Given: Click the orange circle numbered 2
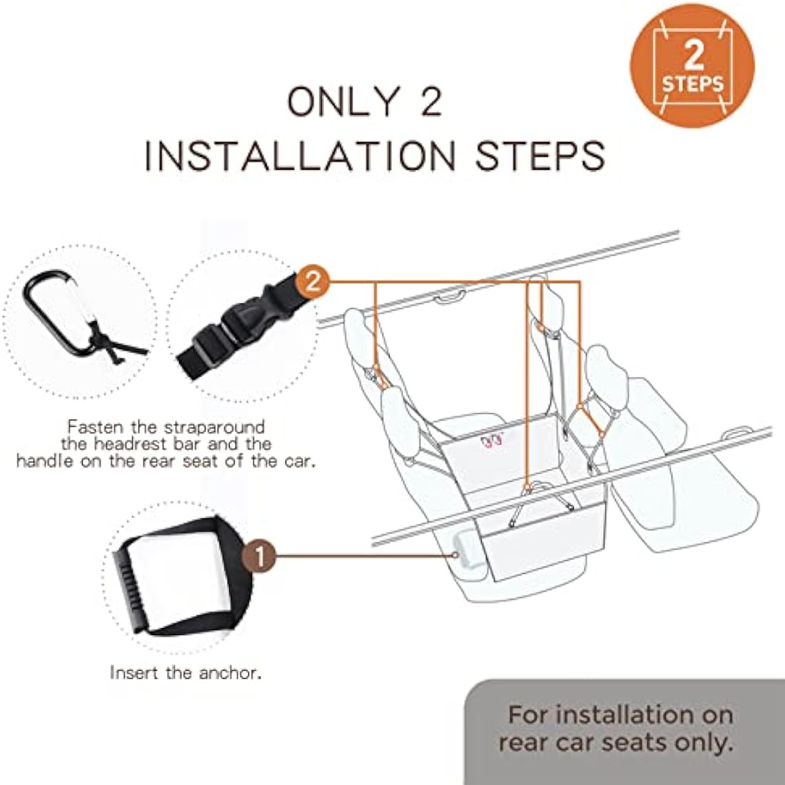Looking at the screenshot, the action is [313, 283].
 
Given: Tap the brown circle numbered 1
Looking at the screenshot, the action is [259, 556].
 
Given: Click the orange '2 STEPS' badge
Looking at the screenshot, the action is [692, 66].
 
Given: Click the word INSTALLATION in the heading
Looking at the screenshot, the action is [300, 156].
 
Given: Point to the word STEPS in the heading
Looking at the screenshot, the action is [540, 156].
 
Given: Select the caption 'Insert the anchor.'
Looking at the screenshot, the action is [186, 672].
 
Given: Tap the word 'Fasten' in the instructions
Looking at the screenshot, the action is [96, 427].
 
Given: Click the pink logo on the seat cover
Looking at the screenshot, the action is [491, 441].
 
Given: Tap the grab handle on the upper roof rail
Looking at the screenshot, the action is [450, 297].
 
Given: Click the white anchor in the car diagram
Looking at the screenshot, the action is [469, 551].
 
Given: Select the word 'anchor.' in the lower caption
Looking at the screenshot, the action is [231, 672].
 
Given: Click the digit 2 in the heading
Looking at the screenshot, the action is [431, 101].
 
